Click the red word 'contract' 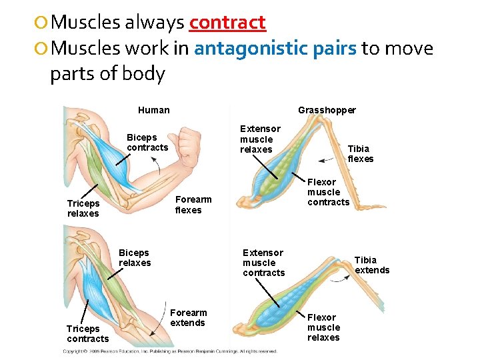coord(227,23)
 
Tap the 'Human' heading coord(153,110)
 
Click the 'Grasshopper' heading coord(327,110)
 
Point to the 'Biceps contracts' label coord(147,143)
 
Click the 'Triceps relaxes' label coord(83,209)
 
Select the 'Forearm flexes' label coord(193,205)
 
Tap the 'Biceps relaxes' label coord(134,257)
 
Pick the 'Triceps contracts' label coord(87,333)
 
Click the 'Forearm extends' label coord(189,317)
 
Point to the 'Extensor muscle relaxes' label coord(260,139)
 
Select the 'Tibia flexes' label coord(361,153)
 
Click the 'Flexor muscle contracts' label coord(328,192)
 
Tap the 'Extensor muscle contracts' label coord(263,263)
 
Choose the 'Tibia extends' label coord(371,265)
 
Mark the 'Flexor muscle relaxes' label coord(323,327)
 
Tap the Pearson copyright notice coord(170,351)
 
